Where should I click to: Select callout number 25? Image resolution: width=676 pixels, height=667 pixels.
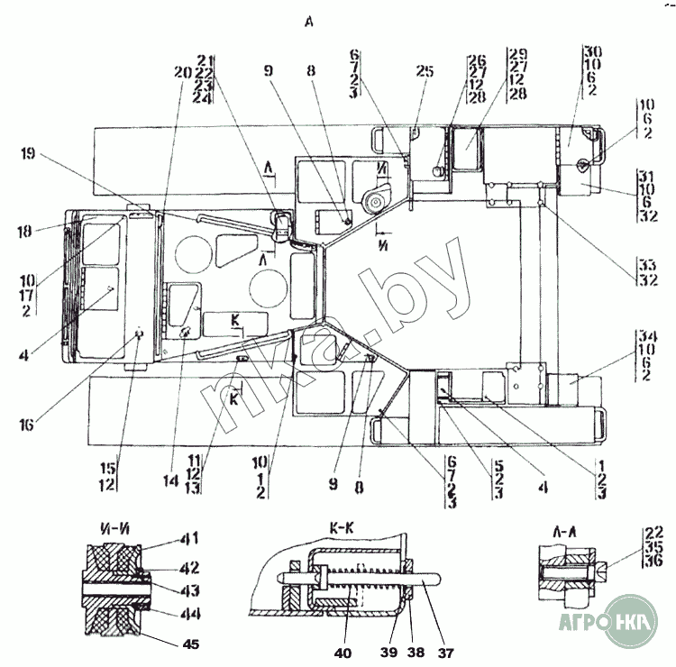[425, 71]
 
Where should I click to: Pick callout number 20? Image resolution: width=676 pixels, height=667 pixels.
[184, 73]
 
